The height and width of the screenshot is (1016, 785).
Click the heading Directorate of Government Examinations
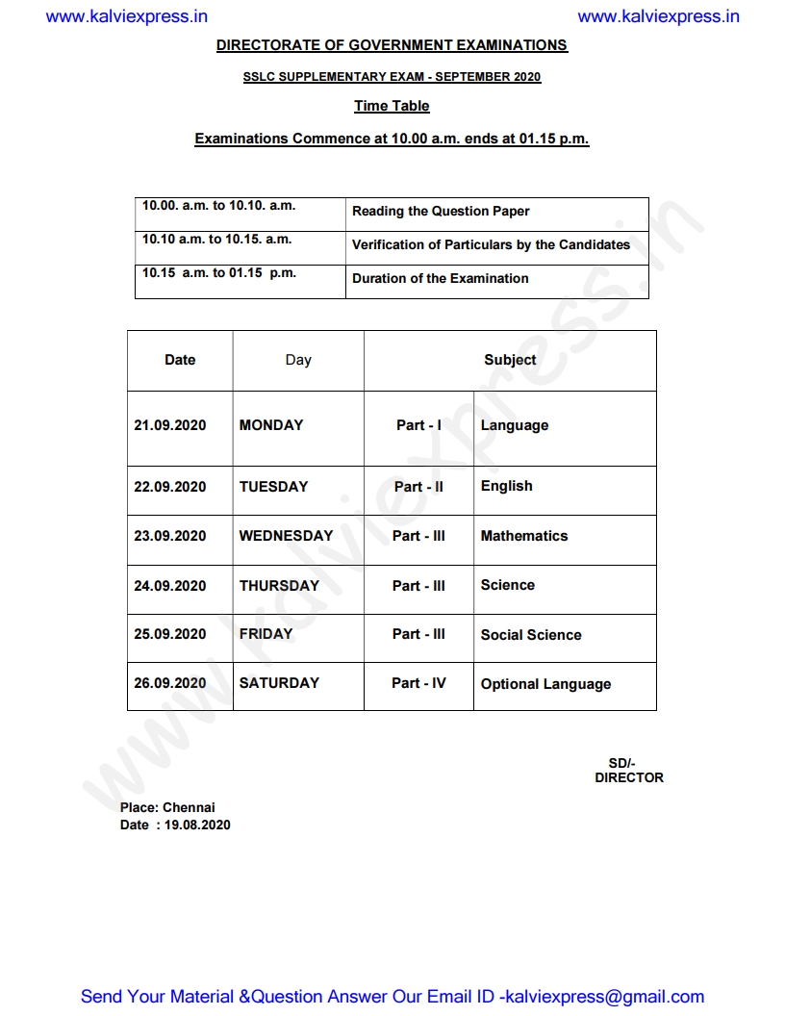pyautogui.click(x=392, y=45)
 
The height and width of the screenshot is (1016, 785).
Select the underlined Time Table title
pyautogui.click(x=392, y=106)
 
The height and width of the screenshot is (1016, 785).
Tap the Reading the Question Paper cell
pyautogui.click(x=441, y=212)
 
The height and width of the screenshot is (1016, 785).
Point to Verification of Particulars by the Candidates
pyautogui.click(x=491, y=245)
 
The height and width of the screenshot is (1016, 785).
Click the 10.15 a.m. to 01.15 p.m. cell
pyautogui.click(x=219, y=273)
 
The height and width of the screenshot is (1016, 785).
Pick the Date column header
pyautogui.click(x=180, y=360)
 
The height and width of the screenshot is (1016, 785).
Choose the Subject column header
pyautogui.click(x=510, y=360)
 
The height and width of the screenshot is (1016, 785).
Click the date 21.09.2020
pyautogui.click(x=170, y=425)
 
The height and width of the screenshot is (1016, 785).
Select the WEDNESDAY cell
pyautogui.click(x=286, y=536)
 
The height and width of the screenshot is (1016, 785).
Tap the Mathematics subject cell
pyautogui.click(x=524, y=536)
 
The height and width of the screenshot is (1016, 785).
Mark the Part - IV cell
pyautogui.click(x=418, y=683)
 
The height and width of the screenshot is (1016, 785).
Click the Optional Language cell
pyautogui.click(x=545, y=684)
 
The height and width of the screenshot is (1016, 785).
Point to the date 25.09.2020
pyautogui.click(x=170, y=634)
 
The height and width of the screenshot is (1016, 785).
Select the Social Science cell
pyautogui.click(x=531, y=635)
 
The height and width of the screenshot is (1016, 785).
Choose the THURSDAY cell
pyautogui.click(x=279, y=585)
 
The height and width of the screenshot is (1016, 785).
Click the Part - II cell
pyautogui.click(x=418, y=487)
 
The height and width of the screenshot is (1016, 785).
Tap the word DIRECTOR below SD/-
pyautogui.click(x=629, y=777)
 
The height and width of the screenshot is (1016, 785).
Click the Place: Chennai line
pyautogui.click(x=167, y=807)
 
